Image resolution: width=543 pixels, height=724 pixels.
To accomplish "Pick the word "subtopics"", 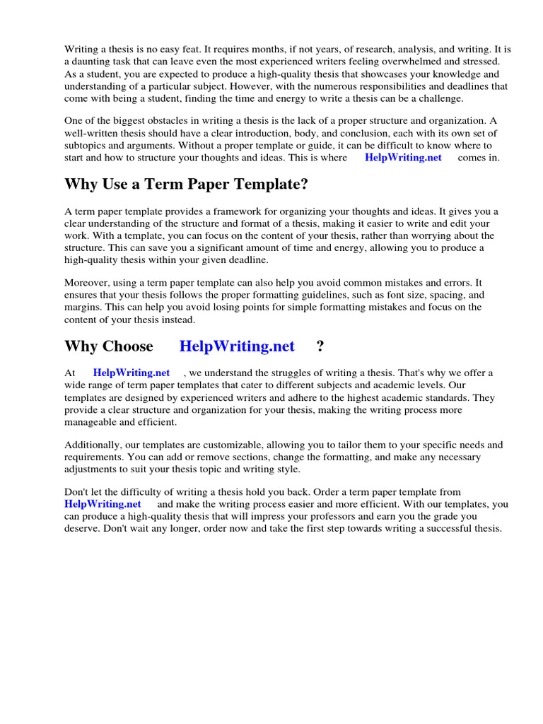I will (85, 145).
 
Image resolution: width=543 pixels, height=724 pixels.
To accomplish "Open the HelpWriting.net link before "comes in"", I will (403, 158).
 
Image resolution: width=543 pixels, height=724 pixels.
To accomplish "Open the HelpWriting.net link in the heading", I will (237, 346).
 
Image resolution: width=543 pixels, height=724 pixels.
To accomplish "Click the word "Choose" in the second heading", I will (128, 346).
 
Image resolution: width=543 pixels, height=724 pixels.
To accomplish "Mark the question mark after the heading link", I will (320, 346).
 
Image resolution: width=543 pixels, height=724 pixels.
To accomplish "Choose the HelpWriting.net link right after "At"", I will (132, 373).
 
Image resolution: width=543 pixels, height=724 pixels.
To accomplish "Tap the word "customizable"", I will (212, 445).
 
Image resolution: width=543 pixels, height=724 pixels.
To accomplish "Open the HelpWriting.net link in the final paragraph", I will (103, 504).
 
